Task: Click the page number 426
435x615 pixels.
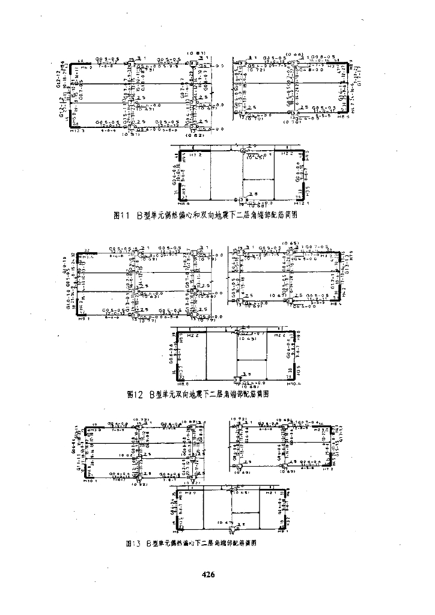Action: click(x=208, y=575)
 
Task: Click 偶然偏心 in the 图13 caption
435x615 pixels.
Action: click(x=180, y=543)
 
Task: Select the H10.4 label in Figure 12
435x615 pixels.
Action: click(x=293, y=383)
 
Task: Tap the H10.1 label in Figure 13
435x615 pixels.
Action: click(x=90, y=480)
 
